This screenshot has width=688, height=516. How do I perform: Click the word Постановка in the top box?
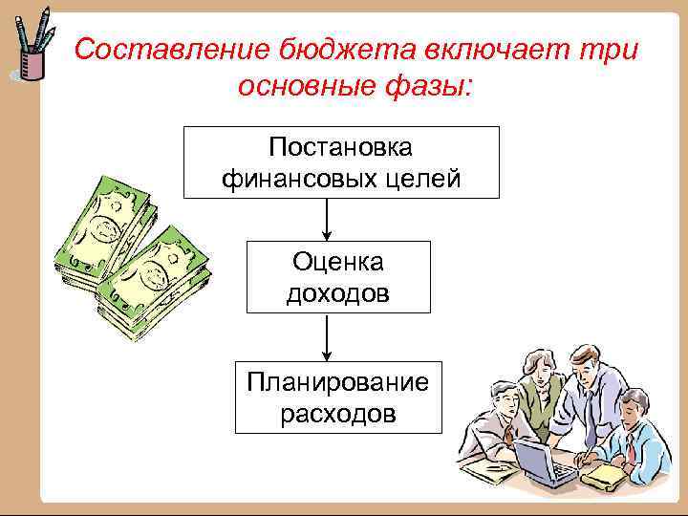pyautogui.click(x=341, y=148)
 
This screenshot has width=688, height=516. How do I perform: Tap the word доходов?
pyautogui.click(x=338, y=292)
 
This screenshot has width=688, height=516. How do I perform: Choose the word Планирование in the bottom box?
pyautogui.click(x=338, y=382)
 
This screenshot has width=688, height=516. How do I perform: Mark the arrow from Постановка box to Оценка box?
pyautogui.click(x=328, y=219)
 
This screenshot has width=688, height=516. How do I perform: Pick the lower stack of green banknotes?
pyautogui.click(x=153, y=287)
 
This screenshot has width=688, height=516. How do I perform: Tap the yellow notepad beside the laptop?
pyautogui.click(x=612, y=472)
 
